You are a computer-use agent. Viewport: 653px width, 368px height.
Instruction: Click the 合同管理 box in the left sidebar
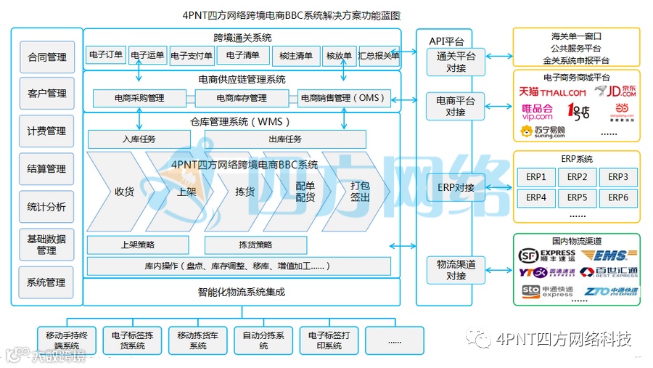click(46, 57)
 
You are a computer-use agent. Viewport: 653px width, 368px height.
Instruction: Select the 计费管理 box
click(46, 131)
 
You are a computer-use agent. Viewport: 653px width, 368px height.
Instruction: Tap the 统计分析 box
click(46, 207)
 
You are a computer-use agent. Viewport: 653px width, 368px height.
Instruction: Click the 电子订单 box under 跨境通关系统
click(106, 55)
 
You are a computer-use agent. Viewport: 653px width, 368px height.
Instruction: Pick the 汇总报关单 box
click(379, 56)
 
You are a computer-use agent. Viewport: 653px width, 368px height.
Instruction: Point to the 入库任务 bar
click(139, 139)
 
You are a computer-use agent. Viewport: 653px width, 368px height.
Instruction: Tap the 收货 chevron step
click(124, 192)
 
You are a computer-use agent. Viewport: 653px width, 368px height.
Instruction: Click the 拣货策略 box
click(255, 245)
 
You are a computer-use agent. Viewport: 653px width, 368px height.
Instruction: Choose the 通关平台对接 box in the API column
click(456, 62)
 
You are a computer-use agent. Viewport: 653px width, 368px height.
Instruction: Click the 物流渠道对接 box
click(456, 270)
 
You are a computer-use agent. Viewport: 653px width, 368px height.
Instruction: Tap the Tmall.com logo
click(552, 92)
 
